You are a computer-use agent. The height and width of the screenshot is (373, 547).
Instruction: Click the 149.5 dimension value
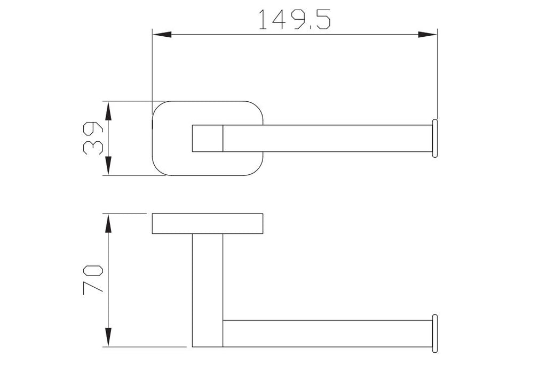click(295, 20)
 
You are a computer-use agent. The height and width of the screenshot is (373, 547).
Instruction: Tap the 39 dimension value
click(93, 138)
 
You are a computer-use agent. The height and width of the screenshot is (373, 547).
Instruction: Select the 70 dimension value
click(93, 280)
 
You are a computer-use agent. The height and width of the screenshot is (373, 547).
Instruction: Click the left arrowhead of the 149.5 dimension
click(162, 35)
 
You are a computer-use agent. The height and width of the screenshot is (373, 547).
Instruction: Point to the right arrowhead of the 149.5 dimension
click(427, 35)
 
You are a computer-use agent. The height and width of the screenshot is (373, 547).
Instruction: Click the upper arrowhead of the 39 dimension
click(108, 111)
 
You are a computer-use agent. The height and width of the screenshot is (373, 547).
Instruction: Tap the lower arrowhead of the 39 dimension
click(108, 165)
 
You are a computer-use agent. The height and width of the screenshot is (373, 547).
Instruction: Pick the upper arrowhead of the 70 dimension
click(108, 223)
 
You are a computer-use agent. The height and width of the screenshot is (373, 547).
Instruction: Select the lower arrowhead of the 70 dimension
click(108, 337)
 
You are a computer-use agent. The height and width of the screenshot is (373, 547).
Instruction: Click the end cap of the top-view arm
click(435, 138)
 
